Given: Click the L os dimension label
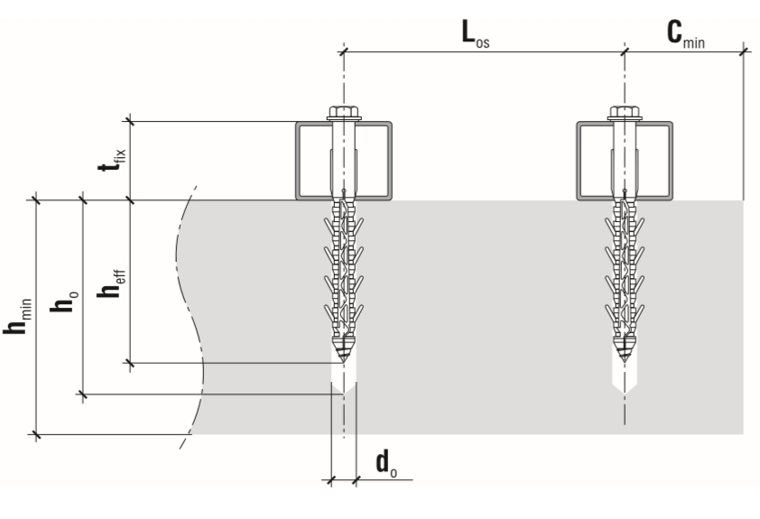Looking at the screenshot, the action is [476, 34].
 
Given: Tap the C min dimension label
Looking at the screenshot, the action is [685, 34].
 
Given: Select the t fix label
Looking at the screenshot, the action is [112, 160].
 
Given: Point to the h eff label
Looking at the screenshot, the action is [112, 283].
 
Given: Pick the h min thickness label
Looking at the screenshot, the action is [17, 316].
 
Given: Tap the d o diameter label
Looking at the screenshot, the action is [386, 463].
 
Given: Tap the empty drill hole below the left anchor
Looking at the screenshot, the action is [344, 375].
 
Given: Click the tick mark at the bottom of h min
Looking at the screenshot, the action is [36, 435].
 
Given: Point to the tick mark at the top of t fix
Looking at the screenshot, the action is [129, 121].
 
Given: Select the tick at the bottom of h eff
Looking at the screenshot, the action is [129, 363].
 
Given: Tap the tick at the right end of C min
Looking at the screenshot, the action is [743, 51].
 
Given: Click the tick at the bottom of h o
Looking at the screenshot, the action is [83, 394].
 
